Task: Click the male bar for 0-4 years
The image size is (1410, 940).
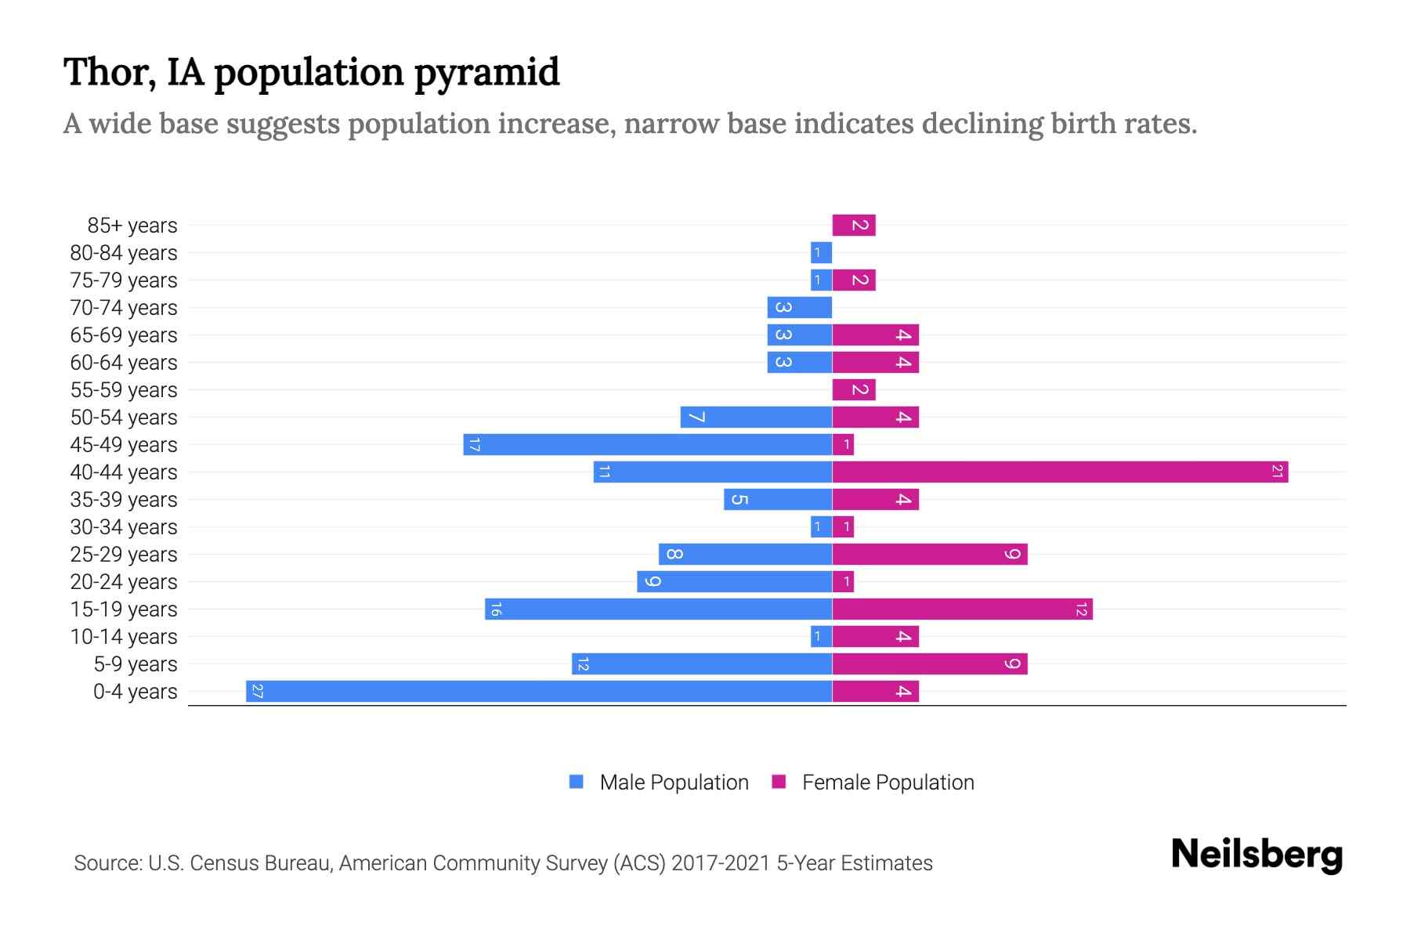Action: coord(539,691)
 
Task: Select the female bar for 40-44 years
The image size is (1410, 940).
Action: coord(1060,472)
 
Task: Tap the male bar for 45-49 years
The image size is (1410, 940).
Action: coord(647,444)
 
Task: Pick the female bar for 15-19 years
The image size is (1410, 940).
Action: coord(962,609)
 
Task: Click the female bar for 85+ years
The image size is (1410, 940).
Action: coord(854,225)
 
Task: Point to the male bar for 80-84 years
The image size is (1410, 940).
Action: coord(821,252)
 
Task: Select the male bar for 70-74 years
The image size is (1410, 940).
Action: coord(799,307)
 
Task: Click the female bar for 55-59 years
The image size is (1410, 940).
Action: coord(854,389)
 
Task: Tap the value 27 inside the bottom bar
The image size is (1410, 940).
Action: coord(257,691)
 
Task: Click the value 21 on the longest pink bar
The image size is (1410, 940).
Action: coord(1277,472)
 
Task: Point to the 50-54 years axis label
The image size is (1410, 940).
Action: coord(124,417)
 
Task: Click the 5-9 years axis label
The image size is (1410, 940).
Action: coord(135,663)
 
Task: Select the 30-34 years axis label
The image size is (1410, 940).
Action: coord(124,526)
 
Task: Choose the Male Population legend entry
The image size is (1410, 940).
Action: coord(674,782)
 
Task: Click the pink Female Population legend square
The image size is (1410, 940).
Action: coord(779,782)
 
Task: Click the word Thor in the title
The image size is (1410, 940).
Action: coord(102,72)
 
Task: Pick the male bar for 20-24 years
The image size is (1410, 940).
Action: coord(734,581)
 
